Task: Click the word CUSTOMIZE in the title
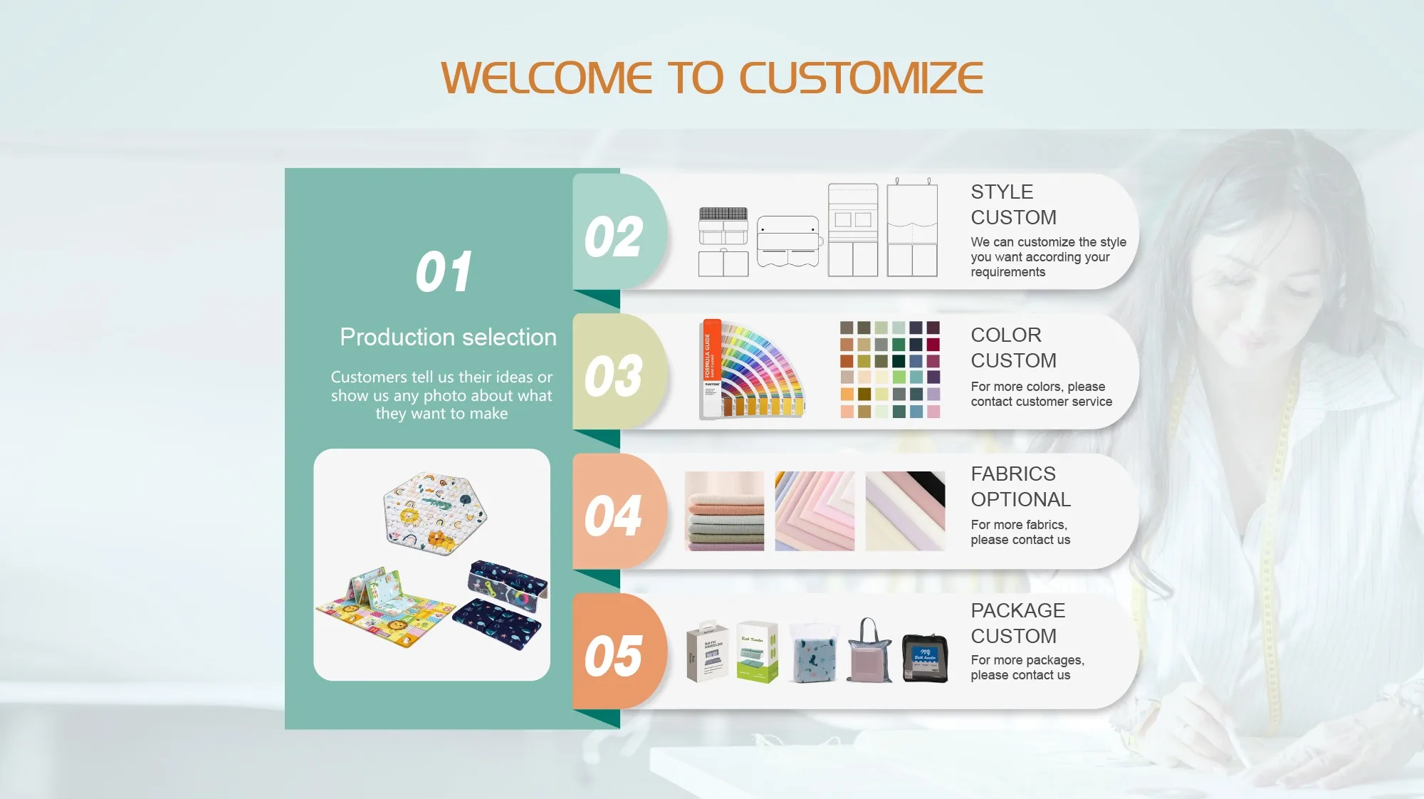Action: tap(862, 78)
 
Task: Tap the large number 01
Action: tap(444, 272)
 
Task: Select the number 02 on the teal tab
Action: tap(613, 237)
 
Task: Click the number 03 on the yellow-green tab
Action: tap(613, 376)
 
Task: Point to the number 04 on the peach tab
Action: tap(613, 516)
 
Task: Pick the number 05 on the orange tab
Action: tap(613, 656)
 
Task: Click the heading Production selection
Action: tap(448, 337)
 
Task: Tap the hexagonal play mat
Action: tap(434, 513)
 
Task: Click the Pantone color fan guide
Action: tap(752, 369)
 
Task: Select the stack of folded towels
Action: tap(724, 511)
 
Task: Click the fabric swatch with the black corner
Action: tap(905, 511)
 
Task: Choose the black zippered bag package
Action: tap(925, 658)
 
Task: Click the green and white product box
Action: tap(757, 652)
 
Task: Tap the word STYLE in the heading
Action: tap(1002, 192)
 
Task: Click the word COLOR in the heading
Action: tap(1006, 335)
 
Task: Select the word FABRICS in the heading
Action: tap(1013, 474)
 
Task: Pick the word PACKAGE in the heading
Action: tap(1018, 611)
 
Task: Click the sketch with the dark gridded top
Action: tap(723, 241)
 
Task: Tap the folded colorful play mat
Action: tap(385, 605)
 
